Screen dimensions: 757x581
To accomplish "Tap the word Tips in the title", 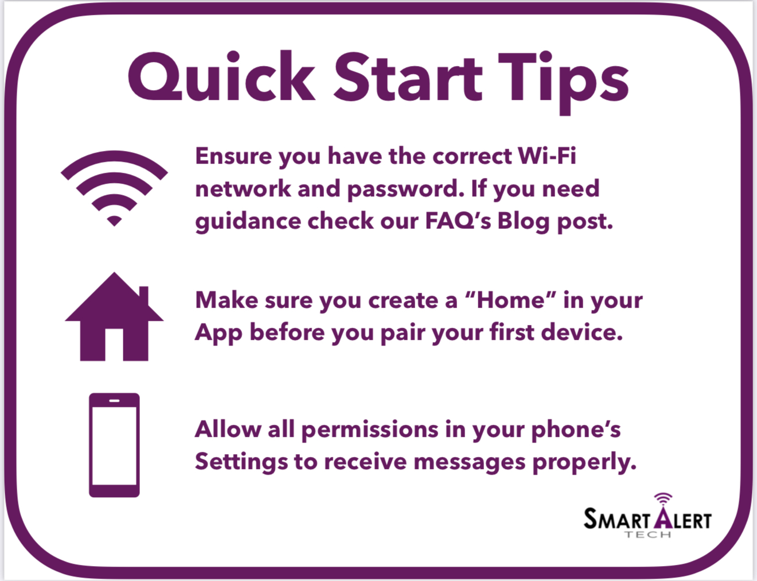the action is (x=563, y=82).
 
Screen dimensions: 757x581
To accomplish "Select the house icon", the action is (x=114, y=316).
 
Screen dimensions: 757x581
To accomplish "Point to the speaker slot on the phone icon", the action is (x=114, y=401).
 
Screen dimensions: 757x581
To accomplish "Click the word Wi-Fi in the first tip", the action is (x=547, y=156).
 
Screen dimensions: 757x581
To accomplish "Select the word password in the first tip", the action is (x=406, y=190).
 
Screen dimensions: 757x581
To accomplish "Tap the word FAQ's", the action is (x=458, y=221).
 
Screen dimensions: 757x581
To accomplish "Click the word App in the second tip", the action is (x=218, y=334).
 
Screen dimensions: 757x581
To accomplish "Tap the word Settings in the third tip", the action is (x=241, y=462).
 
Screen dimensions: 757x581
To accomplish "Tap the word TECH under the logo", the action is (x=647, y=534).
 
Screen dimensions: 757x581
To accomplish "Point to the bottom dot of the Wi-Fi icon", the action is (x=114, y=221).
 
